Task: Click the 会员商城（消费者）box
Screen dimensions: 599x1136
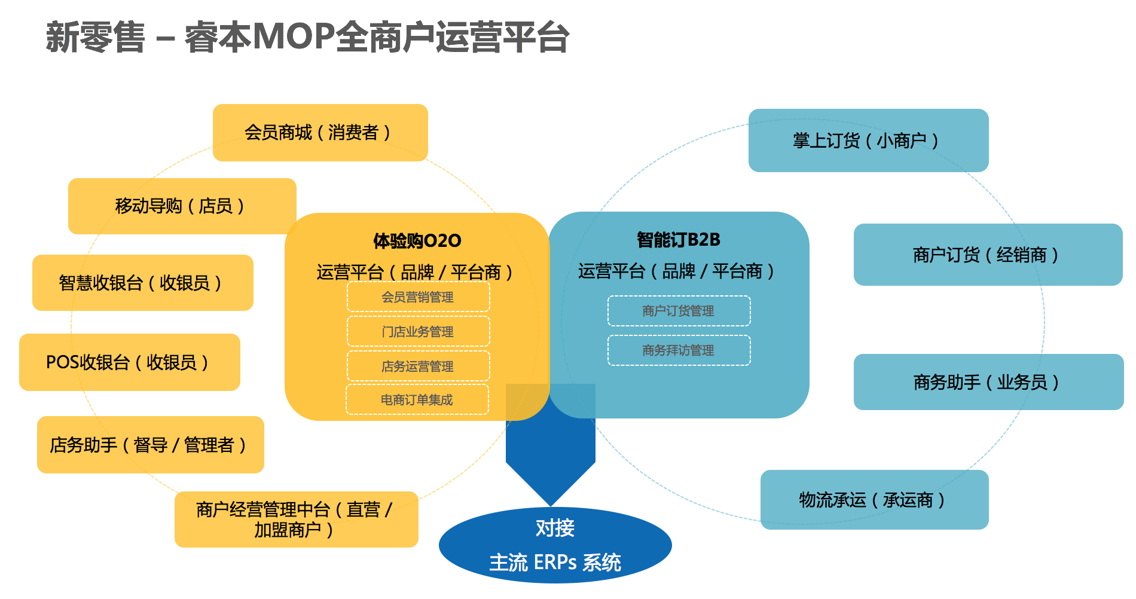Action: pyautogui.click(x=320, y=133)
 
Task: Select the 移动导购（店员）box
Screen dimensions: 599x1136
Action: pyautogui.click(x=182, y=206)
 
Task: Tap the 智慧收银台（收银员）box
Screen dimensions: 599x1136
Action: pyautogui.click(x=142, y=283)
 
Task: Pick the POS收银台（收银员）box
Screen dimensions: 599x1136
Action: pyautogui.click(x=129, y=362)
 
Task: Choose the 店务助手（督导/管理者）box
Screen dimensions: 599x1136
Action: pyautogui.click(x=150, y=445)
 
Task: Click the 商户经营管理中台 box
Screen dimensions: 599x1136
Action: pyautogui.click(x=296, y=519)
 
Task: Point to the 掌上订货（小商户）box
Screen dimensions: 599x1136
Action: pyautogui.click(x=868, y=140)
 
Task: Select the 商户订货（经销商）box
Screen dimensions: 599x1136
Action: pyautogui.click(x=988, y=255)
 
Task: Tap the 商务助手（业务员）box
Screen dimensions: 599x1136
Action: pyautogui.click(x=988, y=382)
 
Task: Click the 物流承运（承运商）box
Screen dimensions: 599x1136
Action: pyautogui.click(x=874, y=500)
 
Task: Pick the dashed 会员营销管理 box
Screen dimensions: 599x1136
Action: pyautogui.click(x=418, y=297)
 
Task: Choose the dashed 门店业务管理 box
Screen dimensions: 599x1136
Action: pyautogui.click(x=418, y=332)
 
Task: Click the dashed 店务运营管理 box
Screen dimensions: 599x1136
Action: pyautogui.click(x=418, y=366)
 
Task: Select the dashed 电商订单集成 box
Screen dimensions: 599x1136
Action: pyautogui.click(x=417, y=400)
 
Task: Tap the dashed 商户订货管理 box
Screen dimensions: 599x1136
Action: pyautogui.click(x=679, y=311)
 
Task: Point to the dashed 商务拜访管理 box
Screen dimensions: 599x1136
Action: pyautogui.click(x=679, y=350)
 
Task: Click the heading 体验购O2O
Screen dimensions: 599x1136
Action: pyautogui.click(x=417, y=241)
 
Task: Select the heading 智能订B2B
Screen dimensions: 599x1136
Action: pyautogui.click(x=679, y=240)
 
